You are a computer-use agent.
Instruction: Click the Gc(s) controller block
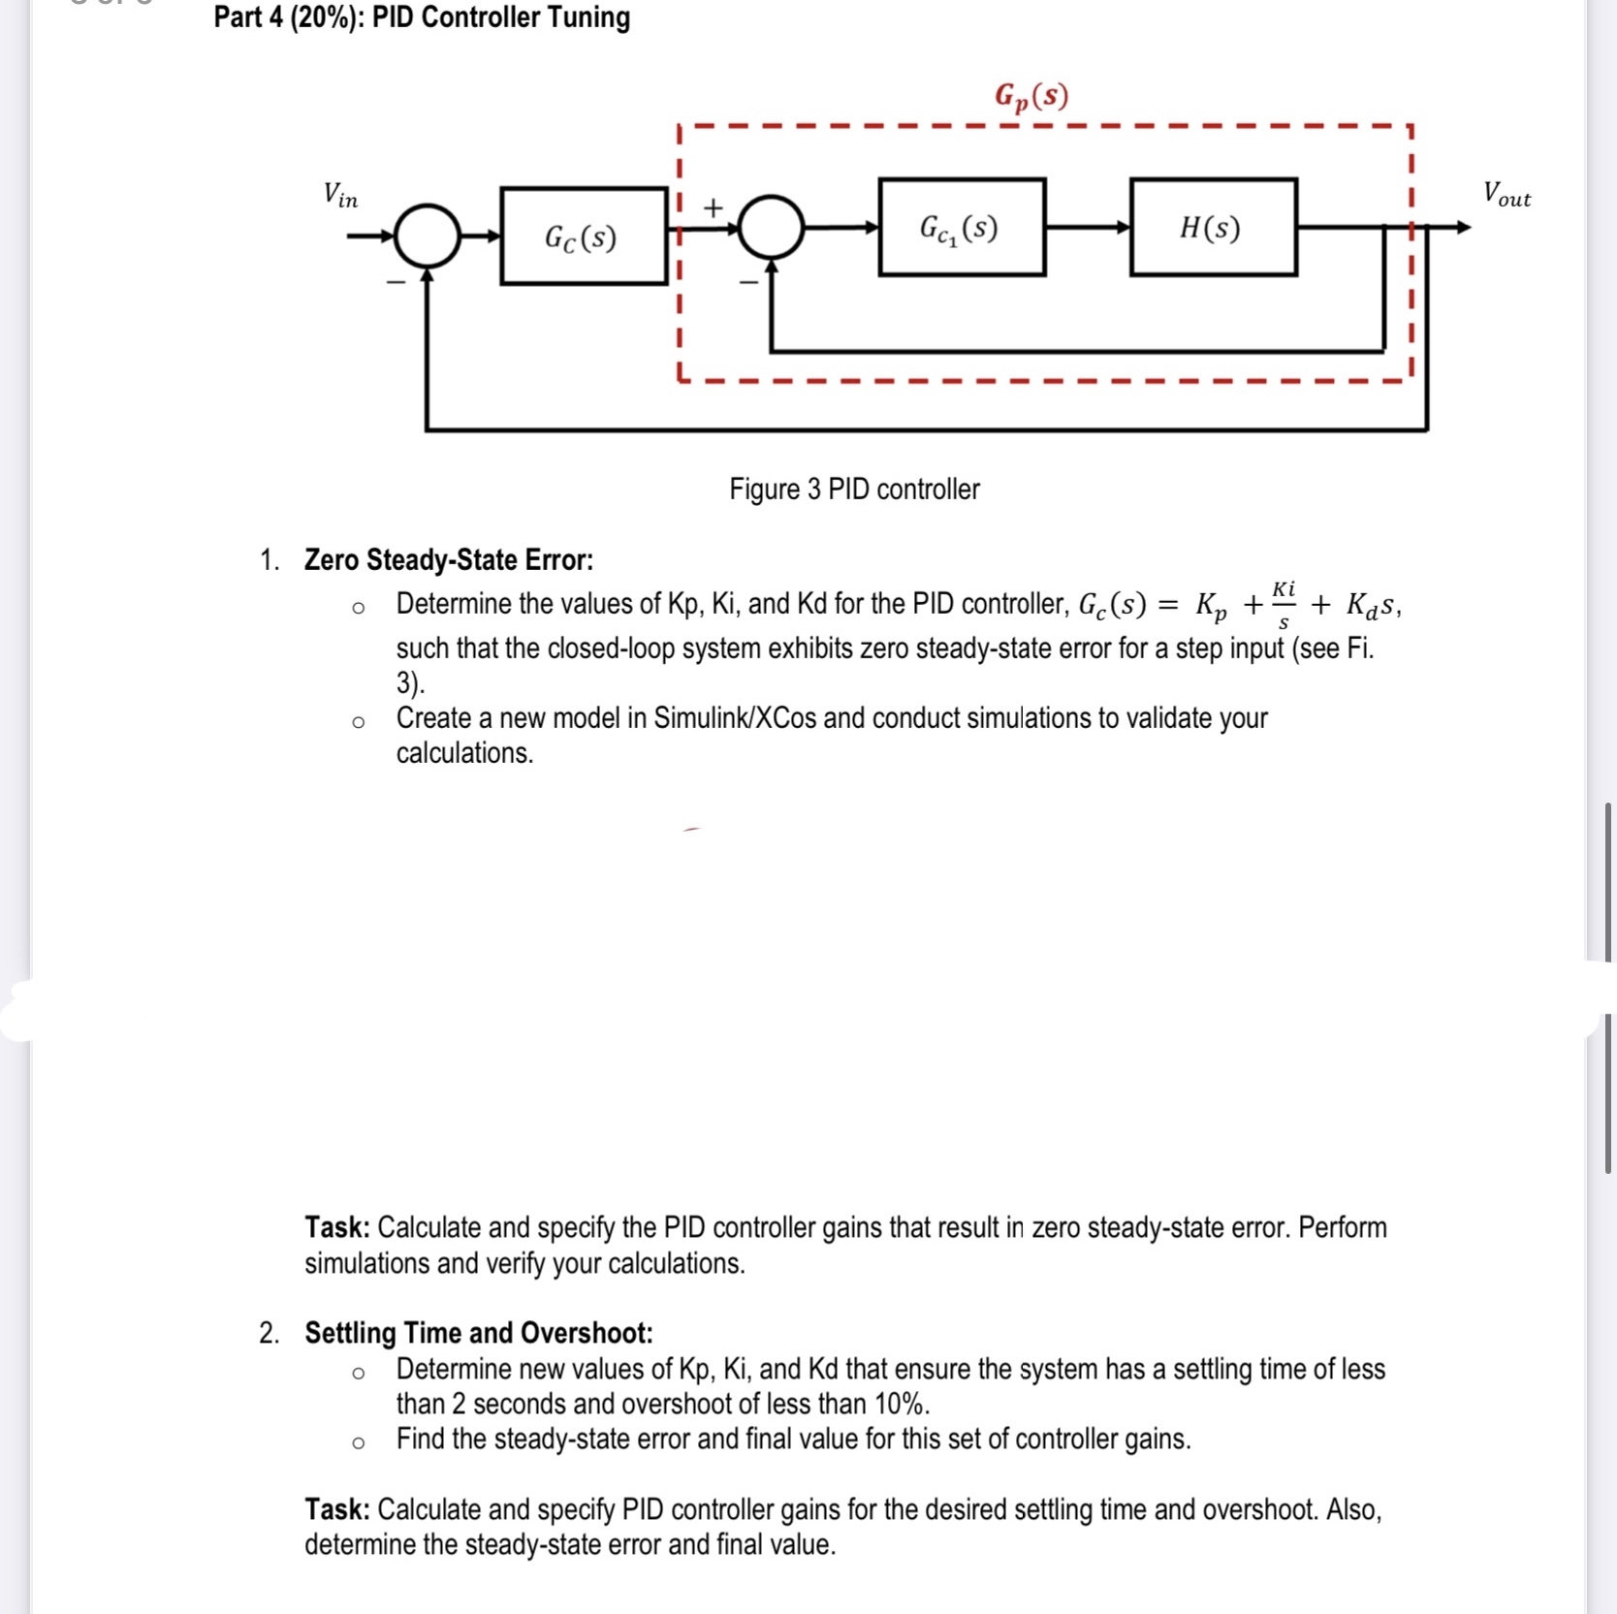[583, 237]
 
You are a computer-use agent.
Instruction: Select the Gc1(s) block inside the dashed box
[961, 228]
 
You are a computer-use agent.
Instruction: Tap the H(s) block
[1213, 228]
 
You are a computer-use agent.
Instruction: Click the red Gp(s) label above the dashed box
[1031, 96]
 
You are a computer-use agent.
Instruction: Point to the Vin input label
[340, 195]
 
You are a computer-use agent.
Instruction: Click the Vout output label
[1506, 194]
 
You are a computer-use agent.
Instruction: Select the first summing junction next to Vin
[428, 236]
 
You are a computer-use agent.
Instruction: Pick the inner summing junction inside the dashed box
[772, 228]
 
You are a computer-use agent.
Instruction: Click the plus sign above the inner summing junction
[713, 207]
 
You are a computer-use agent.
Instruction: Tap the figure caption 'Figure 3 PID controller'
[854, 489]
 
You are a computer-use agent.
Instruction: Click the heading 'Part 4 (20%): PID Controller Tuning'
[422, 17]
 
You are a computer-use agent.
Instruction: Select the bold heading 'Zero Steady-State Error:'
[449, 559]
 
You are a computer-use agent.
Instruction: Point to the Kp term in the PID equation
[1211, 607]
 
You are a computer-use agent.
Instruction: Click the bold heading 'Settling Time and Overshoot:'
[479, 1333]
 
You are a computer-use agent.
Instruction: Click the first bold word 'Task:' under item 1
[337, 1227]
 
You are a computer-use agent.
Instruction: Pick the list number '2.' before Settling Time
[269, 1333]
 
